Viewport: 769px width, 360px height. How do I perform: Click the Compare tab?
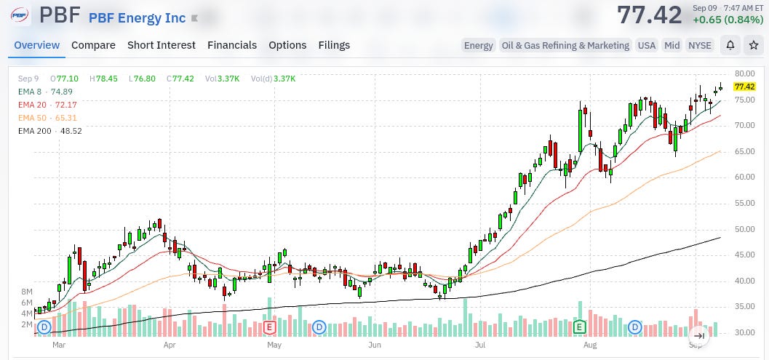pyautogui.click(x=93, y=45)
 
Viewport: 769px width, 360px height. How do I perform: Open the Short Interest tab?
pyautogui.click(x=162, y=45)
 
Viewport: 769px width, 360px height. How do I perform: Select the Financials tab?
pyautogui.click(x=232, y=45)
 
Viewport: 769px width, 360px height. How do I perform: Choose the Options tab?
pyautogui.click(x=287, y=45)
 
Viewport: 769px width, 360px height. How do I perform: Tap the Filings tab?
pyautogui.click(x=334, y=45)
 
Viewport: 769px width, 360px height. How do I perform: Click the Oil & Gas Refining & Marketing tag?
pyautogui.click(x=565, y=45)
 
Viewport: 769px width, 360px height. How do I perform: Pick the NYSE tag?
pyautogui.click(x=700, y=45)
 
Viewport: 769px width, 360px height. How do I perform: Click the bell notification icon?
pyautogui.click(x=730, y=45)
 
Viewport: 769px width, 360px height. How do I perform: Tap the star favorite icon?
pyautogui.click(x=753, y=45)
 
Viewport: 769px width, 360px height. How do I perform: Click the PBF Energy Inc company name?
pyautogui.click(x=138, y=18)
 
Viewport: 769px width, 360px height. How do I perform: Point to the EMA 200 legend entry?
pyautogui.click(x=50, y=131)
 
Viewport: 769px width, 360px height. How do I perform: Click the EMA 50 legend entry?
pyautogui.click(x=47, y=118)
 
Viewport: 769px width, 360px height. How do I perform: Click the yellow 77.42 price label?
pyautogui.click(x=744, y=87)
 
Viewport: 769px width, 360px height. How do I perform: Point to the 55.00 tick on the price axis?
pyautogui.click(x=745, y=203)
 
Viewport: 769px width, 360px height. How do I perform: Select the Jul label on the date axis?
pyautogui.click(x=480, y=345)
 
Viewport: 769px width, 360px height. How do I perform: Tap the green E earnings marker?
pyautogui.click(x=580, y=327)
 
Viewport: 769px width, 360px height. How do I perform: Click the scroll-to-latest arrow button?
pyautogui.click(x=699, y=336)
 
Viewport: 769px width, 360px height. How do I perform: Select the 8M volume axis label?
pyautogui.click(x=26, y=292)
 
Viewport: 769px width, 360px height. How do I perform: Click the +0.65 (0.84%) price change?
pyautogui.click(x=728, y=20)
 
